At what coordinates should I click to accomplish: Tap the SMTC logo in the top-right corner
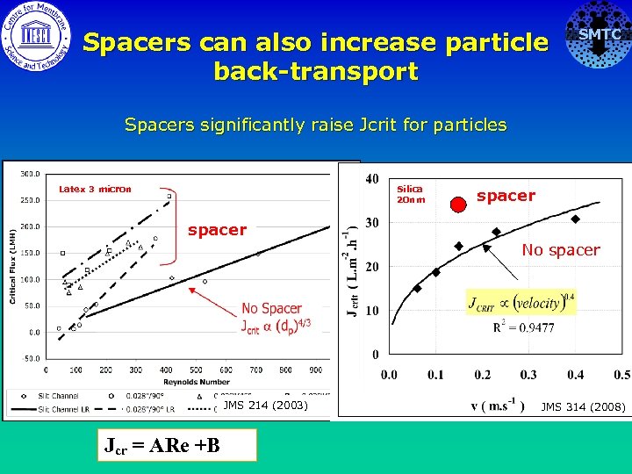tap(599, 35)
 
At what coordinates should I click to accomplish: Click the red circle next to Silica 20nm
tap(457, 205)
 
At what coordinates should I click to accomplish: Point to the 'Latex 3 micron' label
tap(95, 189)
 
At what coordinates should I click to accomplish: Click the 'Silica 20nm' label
tap(410, 194)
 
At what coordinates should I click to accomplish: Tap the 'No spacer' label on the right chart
tap(561, 250)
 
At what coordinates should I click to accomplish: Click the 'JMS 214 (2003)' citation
tap(265, 406)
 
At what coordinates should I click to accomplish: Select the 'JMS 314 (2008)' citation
tap(583, 406)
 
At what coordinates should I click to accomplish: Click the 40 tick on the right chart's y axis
tap(372, 179)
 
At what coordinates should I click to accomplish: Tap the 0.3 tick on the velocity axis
tap(528, 375)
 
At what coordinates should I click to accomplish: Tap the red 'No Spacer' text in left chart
tap(271, 308)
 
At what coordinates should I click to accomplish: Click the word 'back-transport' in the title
tap(316, 71)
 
